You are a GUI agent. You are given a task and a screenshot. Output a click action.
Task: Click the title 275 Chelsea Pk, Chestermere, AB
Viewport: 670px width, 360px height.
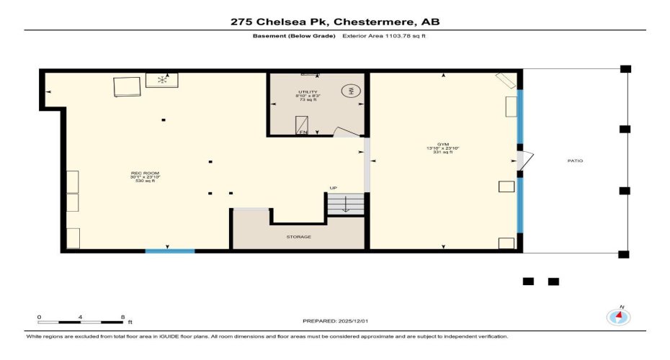point(334,22)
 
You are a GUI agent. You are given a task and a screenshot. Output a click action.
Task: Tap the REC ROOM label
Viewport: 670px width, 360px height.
point(142,174)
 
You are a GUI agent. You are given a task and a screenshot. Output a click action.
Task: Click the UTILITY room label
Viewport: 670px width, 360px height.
point(308,92)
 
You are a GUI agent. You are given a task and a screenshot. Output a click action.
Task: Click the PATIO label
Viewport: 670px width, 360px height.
point(575,161)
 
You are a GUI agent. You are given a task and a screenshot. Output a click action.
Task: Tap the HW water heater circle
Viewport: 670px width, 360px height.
point(352,91)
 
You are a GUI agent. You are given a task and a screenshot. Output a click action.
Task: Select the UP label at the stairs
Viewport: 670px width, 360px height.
point(333,188)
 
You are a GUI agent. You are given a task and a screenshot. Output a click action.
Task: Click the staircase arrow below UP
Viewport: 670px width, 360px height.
point(345,205)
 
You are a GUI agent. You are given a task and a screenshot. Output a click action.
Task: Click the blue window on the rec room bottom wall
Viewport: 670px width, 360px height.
point(170,251)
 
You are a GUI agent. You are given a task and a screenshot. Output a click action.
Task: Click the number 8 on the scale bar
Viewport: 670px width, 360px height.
point(122,317)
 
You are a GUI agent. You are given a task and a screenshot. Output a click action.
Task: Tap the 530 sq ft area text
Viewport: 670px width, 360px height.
point(142,181)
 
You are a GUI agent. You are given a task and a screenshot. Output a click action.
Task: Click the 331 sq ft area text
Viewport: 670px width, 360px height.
point(442,153)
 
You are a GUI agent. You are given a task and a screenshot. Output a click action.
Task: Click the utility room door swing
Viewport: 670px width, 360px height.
point(348,132)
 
